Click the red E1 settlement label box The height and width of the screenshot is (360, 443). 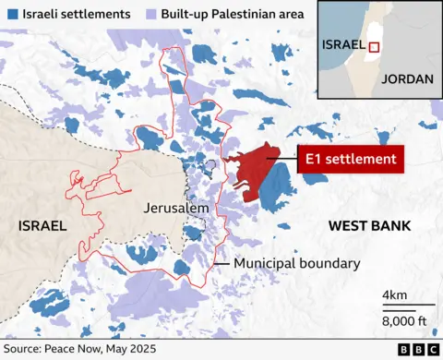point(351,159)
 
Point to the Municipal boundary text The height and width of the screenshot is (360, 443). point(296,264)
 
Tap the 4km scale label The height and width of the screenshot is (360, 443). point(395,295)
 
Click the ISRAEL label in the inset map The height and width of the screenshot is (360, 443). point(341,44)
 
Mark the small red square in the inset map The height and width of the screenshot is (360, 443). point(375,48)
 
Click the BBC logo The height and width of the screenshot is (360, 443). point(417,350)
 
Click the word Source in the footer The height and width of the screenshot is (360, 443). point(26,350)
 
